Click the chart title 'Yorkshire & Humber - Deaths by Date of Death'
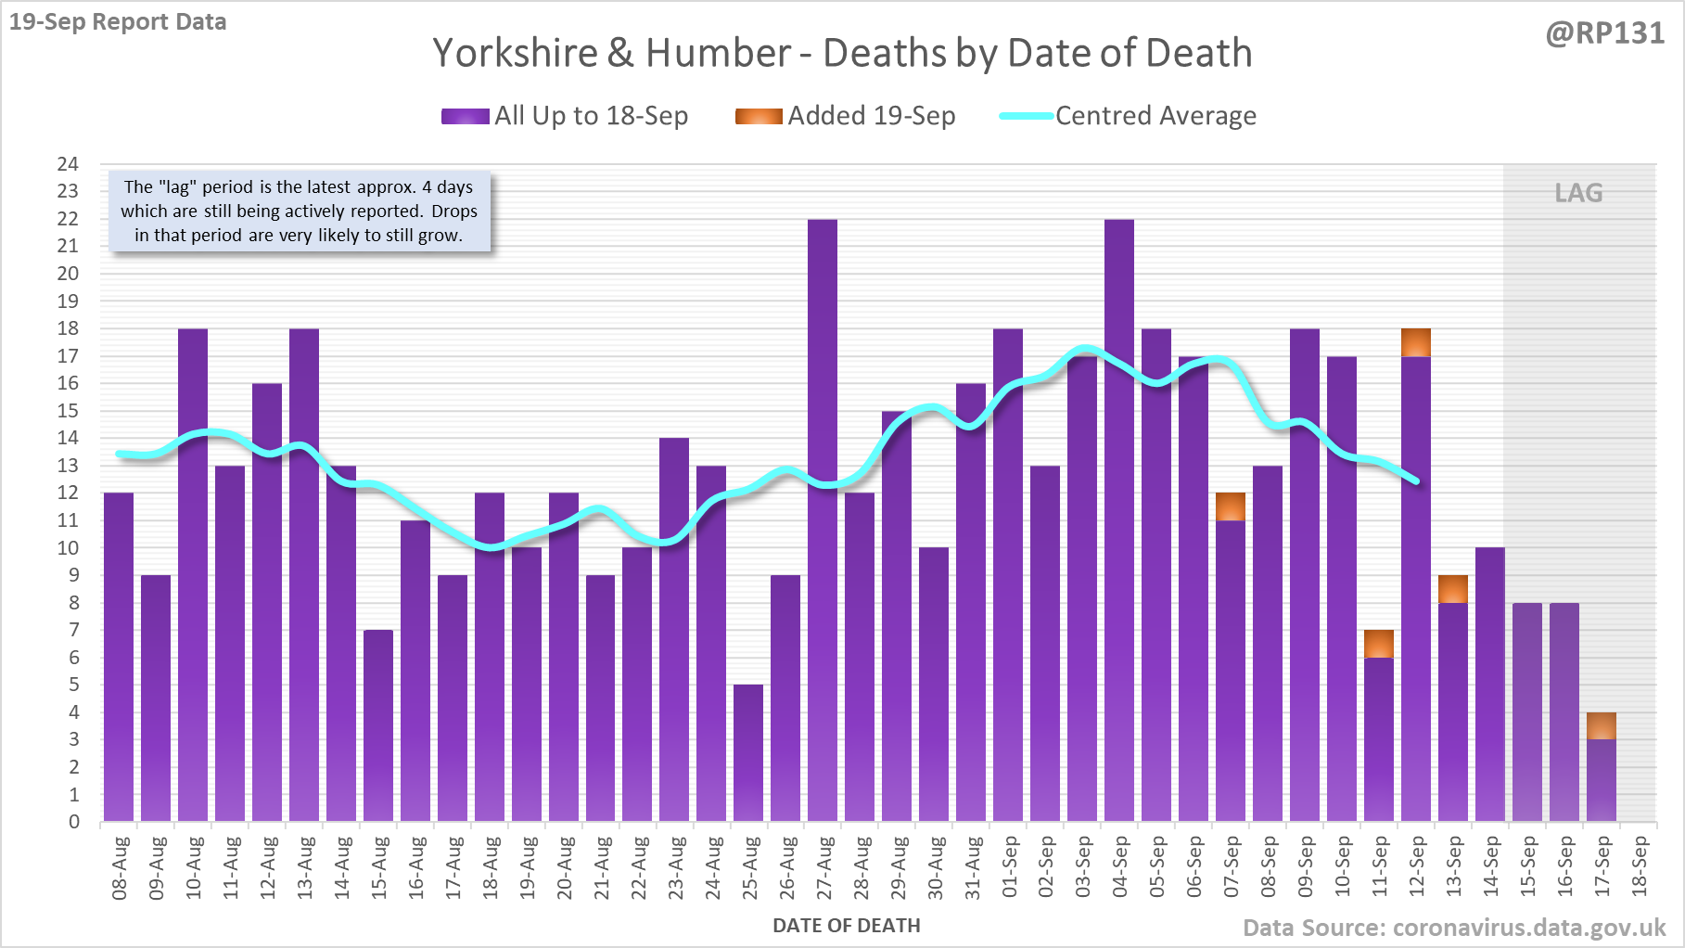pos(842,54)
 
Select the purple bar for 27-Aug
pos(823,519)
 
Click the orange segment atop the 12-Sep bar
pos(1416,342)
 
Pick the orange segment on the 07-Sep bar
pos(1231,506)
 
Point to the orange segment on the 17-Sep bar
pos(1602,725)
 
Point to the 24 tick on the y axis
pos(68,164)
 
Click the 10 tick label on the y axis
pos(68,548)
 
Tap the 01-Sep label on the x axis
pos(1010,867)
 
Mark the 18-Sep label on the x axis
pos(1640,867)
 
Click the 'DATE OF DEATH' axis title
pos(847,926)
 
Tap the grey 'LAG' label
pos(1578,193)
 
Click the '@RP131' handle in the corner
pos(1605,33)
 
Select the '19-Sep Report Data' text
pos(118,21)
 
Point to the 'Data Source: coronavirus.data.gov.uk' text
pos(1454,928)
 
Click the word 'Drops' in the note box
pos(454,211)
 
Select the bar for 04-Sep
pos(1119,519)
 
